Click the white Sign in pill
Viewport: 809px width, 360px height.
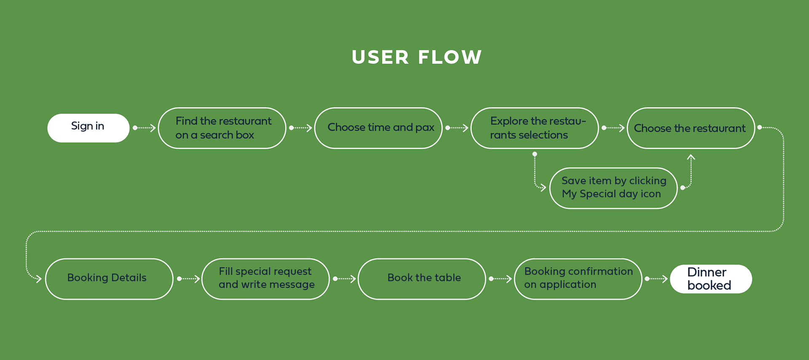coord(88,128)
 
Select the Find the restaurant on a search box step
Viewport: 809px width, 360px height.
coord(222,128)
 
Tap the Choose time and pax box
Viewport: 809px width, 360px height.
coord(378,128)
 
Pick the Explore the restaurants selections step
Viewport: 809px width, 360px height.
coord(535,128)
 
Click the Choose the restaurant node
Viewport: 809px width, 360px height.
coord(691,128)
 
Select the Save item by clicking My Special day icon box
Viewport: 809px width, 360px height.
coord(613,188)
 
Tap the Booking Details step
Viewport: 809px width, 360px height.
coord(109,279)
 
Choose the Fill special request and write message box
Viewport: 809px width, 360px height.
coord(265,279)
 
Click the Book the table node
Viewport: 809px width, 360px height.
coord(422,279)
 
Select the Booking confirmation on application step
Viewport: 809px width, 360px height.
coord(578,279)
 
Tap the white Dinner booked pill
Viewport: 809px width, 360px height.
coord(711,279)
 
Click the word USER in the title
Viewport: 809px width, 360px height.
coord(380,57)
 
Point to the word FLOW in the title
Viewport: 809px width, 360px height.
coord(450,57)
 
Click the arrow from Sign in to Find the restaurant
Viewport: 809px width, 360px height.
coord(144,128)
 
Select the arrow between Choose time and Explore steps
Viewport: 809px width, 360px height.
coord(457,128)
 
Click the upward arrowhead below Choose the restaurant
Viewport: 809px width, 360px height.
coord(691,157)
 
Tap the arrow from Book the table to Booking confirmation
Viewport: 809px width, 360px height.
coord(500,279)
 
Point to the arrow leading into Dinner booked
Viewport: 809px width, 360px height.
coord(656,279)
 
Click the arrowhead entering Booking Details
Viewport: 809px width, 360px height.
coord(39,279)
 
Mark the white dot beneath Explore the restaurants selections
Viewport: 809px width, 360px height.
coord(535,154)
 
